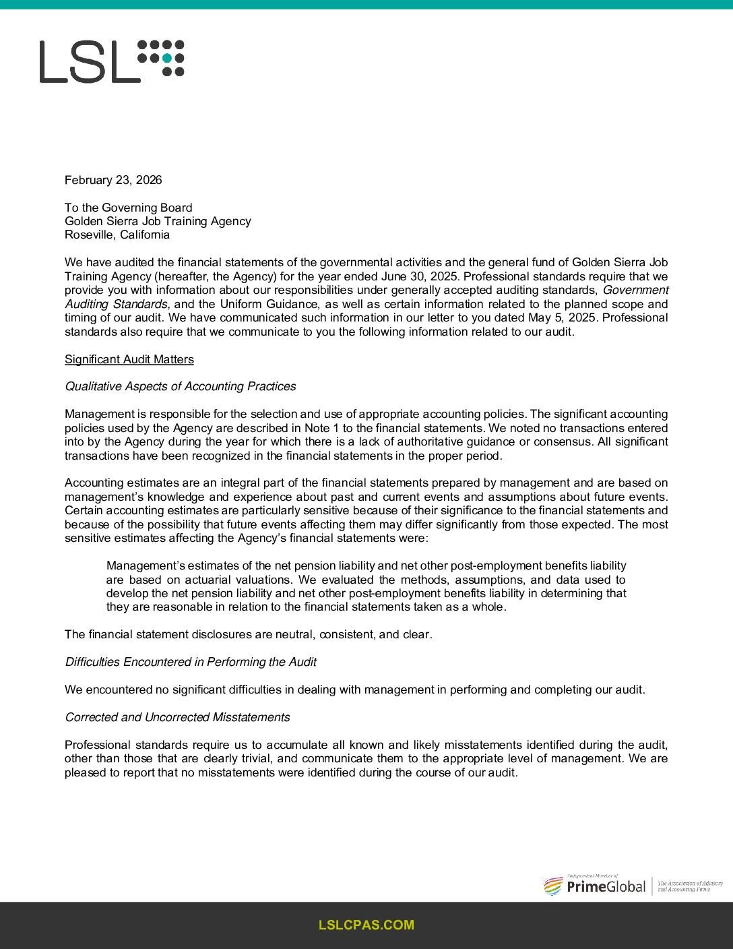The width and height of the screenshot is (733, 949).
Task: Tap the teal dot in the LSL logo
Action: pos(167,59)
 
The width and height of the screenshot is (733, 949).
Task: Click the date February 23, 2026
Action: pos(113,180)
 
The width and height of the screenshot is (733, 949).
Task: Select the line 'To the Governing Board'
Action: pos(128,208)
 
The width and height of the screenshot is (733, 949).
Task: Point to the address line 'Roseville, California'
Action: pos(117,235)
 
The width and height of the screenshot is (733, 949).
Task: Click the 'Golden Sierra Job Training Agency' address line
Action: pos(158,221)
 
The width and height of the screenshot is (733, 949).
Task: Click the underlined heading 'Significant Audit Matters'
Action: pos(129,359)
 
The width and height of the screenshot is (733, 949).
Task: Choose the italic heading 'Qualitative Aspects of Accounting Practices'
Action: pos(180,386)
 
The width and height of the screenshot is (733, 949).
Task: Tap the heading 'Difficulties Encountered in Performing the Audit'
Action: pos(191,662)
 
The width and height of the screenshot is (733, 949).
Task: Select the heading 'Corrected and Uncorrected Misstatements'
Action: pos(177,717)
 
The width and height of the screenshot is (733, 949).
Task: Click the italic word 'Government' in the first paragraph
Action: pos(635,290)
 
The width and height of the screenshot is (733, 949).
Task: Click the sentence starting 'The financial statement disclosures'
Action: pos(248,634)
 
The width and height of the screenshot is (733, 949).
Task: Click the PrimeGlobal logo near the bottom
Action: pos(594,886)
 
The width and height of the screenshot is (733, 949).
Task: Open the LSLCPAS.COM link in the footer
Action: pos(366,925)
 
